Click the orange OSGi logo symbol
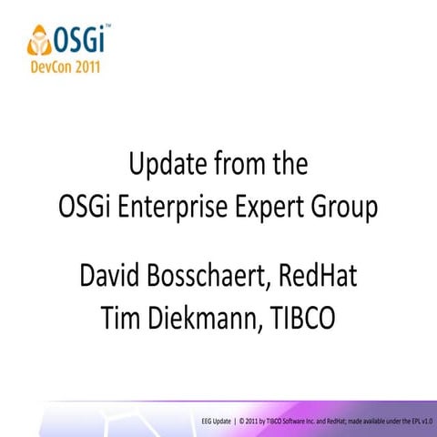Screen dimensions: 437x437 pyautogui.click(x=41, y=39)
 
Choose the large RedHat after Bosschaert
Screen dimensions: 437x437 pyautogui.click(x=320, y=274)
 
